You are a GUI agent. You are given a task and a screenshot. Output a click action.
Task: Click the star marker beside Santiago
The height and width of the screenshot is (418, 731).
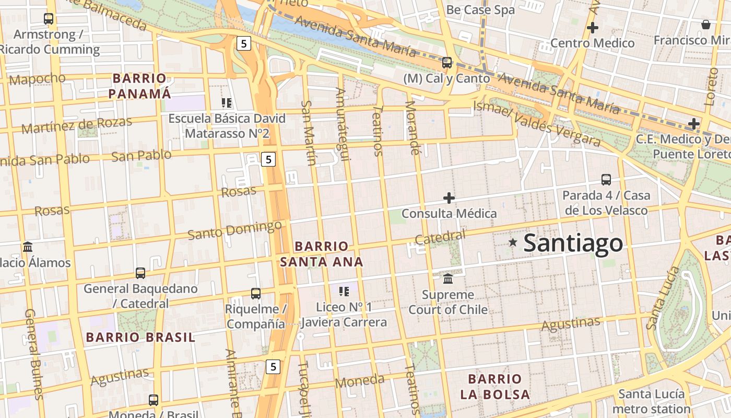513,242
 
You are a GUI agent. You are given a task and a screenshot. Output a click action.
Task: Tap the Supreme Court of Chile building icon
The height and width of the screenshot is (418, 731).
448,278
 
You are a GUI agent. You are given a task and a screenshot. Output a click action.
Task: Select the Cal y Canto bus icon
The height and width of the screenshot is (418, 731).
447,63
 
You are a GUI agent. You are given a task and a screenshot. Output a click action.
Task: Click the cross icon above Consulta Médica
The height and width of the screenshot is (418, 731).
449,198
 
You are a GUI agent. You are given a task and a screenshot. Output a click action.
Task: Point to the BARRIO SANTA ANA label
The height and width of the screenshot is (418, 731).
322,254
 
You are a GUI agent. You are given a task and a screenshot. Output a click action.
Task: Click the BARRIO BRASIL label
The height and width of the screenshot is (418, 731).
140,338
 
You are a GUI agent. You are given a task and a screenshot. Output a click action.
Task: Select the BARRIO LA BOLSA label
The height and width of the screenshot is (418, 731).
495,387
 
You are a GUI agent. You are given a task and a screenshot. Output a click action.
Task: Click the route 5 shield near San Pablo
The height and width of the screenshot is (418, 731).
268,159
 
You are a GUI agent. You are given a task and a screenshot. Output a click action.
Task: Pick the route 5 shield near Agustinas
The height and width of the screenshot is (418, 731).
273,367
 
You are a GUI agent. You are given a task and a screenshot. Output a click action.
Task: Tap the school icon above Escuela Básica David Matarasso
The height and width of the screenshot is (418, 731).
226,103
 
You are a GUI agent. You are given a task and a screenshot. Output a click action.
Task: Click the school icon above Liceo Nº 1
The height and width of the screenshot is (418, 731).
344,291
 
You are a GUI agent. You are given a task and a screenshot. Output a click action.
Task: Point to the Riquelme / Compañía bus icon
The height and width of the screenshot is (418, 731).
256,294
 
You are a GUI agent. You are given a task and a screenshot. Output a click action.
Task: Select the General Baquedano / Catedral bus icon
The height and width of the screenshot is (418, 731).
140,273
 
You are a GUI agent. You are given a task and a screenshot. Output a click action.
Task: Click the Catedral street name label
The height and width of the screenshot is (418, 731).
440,237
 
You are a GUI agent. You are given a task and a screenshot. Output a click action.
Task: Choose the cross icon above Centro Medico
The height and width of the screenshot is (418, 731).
593,27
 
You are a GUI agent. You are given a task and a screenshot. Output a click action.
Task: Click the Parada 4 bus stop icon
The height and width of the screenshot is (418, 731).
606,180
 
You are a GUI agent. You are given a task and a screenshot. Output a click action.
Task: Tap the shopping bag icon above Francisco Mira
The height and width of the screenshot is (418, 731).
706,25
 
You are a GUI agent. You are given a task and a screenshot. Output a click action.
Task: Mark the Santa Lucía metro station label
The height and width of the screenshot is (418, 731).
651,401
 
